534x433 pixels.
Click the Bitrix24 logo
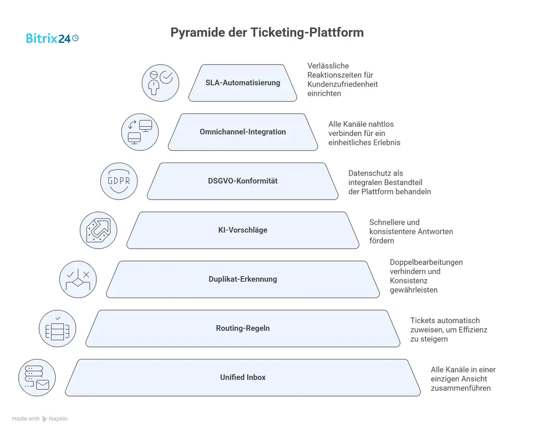pyautogui.click(x=52, y=38)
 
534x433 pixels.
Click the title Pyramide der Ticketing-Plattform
pyautogui.click(x=267, y=32)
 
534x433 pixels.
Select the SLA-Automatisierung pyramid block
pyautogui.click(x=242, y=83)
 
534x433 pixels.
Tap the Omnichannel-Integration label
pyautogui.click(x=242, y=132)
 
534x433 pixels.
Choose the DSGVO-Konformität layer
pyautogui.click(x=242, y=181)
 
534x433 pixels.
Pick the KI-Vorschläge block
pyautogui.click(x=242, y=230)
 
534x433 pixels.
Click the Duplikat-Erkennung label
pyautogui.click(x=242, y=279)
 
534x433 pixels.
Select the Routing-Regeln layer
pyautogui.click(x=242, y=328)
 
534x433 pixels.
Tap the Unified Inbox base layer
pyautogui.click(x=242, y=377)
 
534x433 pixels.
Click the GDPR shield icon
pyautogui.click(x=119, y=181)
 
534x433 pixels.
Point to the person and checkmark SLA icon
pyautogui.click(x=160, y=83)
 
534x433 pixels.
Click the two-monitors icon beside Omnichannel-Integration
pyautogui.click(x=140, y=132)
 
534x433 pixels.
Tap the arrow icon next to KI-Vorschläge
pyautogui.click(x=99, y=230)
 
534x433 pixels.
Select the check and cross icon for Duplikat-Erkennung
pyautogui.click(x=78, y=279)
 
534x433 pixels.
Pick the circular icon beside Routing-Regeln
pyautogui.click(x=57, y=329)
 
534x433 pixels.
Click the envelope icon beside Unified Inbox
pyautogui.click(x=42, y=385)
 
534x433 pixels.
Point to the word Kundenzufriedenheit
pyautogui.click(x=342, y=84)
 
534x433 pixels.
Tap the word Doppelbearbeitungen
pyautogui.click(x=426, y=262)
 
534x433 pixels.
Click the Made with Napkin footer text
pyautogui.click(x=40, y=418)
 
